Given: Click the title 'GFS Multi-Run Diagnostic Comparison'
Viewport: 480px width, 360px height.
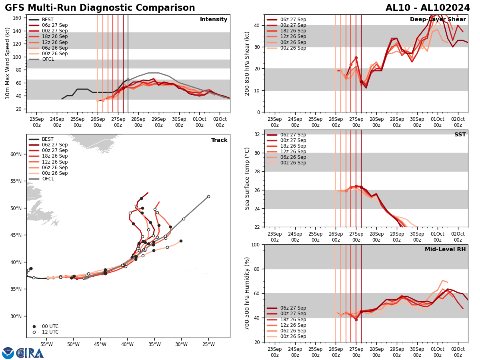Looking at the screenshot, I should [x=100, y=8].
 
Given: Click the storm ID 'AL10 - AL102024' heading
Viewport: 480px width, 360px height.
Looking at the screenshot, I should [x=428, y=8].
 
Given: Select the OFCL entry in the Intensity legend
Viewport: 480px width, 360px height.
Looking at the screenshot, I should [x=48, y=59].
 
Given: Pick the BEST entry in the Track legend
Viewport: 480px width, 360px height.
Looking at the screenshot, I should [x=48, y=139].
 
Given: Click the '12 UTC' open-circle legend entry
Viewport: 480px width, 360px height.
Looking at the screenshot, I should [x=50, y=332].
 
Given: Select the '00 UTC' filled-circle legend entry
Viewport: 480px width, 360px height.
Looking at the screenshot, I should [x=50, y=326].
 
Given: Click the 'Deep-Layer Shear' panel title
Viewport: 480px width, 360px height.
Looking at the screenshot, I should [x=438, y=20].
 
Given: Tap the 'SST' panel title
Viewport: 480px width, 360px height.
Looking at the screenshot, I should [x=460, y=135].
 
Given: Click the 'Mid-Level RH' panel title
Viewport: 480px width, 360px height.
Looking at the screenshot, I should [x=445, y=250].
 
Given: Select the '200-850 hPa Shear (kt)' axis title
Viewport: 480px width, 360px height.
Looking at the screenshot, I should [x=248, y=63].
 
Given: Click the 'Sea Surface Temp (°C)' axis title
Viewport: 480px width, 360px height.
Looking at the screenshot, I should [x=248, y=178].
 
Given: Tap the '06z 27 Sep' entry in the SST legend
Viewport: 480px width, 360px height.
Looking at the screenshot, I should [x=292, y=135].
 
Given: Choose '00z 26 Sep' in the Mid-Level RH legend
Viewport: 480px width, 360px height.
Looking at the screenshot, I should [x=292, y=336].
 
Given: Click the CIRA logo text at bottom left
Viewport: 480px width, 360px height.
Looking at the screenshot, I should [x=30, y=353].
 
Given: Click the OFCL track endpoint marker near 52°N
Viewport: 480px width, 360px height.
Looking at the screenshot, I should [x=208, y=196].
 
